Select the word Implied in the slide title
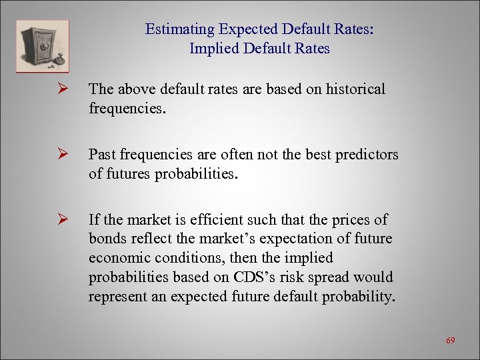point(213,49)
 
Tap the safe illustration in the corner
point(41,45)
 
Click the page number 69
point(450,341)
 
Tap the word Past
point(103,155)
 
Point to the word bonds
point(107,239)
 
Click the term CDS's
point(266,276)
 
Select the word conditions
point(186,257)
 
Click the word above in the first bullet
point(131,89)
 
